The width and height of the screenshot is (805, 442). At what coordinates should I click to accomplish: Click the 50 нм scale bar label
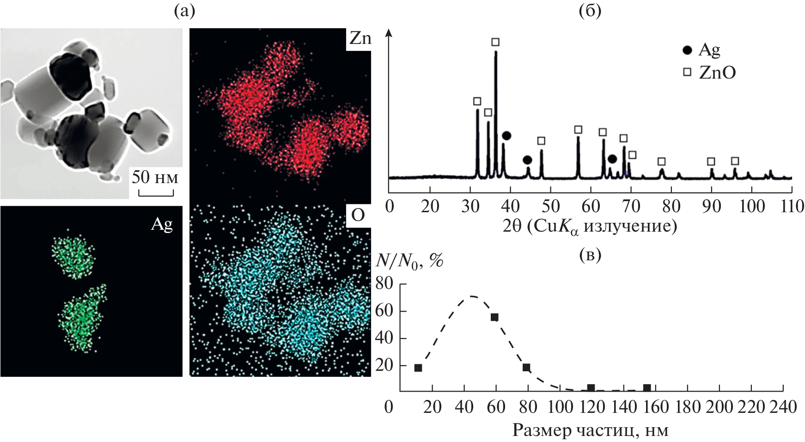pyautogui.click(x=155, y=178)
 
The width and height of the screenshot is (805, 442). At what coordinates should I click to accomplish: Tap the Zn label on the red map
pyautogui.click(x=360, y=38)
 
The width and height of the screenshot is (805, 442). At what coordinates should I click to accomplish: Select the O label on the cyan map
pyautogui.click(x=358, y=215)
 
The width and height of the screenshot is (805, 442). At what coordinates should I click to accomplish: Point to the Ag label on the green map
pyautogui.click(x=162, y=224)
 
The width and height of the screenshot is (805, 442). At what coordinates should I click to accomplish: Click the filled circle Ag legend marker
pyautogui.click(x=687, y=50)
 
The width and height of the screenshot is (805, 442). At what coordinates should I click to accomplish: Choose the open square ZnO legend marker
pyautogui.click(x=688, y=72)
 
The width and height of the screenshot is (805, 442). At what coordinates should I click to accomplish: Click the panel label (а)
pyautogui.click(x=184, y=11)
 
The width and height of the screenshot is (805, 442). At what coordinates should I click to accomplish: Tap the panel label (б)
pyautogui.click(x=590, y=11)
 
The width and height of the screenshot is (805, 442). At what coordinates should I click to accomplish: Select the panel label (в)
pyautogui.click(x=590, y=255)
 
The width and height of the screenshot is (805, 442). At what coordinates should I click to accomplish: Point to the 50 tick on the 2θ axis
pyautogui.click(x=551, y=206)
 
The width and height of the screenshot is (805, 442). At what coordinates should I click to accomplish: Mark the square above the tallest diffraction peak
pyautogui.click(x=495, y=42)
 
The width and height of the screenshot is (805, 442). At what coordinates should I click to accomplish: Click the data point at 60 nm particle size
pyautogui.click(x=494, y=317)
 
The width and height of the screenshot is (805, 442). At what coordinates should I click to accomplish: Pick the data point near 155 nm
pyautogui.click(x=647, y=387)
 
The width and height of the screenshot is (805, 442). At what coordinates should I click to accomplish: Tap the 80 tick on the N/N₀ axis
pyautogui.click(x=384, y=283)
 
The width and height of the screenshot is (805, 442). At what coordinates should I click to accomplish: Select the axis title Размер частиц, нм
pyautogui.click(x=590, y=430)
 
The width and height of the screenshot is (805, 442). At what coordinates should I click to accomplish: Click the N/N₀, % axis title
pyautogui.click(x=409, y=261)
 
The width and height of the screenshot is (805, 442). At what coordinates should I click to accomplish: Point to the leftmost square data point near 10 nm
pyautogui.click(x=418, y=368)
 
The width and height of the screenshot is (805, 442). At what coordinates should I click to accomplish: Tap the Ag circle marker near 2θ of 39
pyautogui.click(x=506, y=135)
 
